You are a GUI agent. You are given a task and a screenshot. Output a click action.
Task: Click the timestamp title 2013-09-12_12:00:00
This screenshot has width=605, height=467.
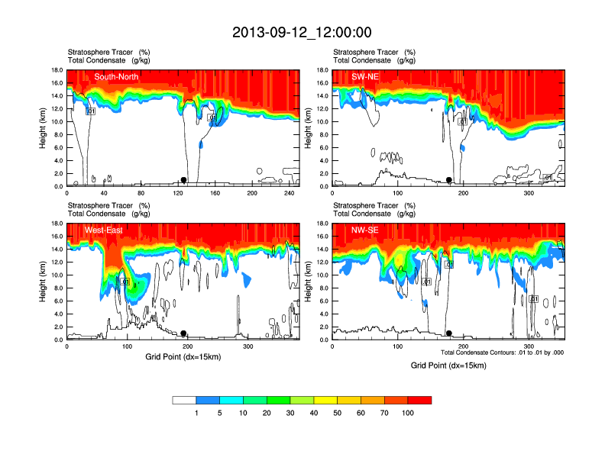tap(302, 32)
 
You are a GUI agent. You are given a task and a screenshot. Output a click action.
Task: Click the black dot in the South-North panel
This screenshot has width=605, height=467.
tap(183, 180)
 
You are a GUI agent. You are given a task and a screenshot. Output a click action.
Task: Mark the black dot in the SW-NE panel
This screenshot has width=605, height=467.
tap(449, 180)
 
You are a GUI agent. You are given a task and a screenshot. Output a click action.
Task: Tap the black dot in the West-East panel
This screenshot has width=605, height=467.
tap(183, 333)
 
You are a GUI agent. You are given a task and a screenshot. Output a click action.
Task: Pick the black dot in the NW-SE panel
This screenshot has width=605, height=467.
tap(449, 333)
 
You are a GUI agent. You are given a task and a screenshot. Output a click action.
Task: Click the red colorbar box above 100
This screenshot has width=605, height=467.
tap(419, 400)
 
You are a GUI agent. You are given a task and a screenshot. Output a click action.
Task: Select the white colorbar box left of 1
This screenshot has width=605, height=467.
tap(184, 400)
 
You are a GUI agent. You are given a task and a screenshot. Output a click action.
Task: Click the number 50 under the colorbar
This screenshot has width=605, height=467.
tap(338, 413)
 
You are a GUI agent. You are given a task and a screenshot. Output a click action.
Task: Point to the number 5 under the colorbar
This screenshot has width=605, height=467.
tap(220, 413)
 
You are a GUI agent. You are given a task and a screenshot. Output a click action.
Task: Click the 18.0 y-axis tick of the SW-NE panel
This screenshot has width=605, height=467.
tap(323, 70)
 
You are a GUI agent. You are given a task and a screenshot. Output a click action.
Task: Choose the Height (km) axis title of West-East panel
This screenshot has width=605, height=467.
tap(44, 282)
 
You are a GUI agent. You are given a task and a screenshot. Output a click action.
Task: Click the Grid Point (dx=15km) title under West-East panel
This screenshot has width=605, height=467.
tap(183, 356)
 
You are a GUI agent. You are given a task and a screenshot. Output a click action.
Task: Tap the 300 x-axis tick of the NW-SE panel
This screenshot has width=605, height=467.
tap(528, 346)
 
